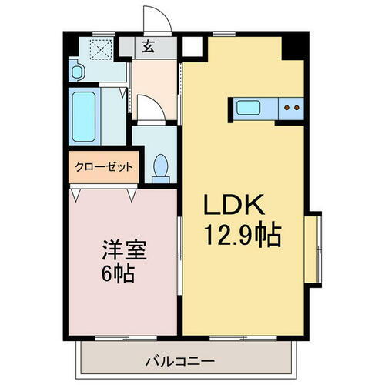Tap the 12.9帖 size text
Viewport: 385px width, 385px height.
(x=240, y=232)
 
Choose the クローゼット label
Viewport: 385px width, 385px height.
(x=103, y=166)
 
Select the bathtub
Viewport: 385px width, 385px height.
(x=81, y=114)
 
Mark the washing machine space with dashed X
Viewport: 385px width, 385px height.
(x=101, y=49)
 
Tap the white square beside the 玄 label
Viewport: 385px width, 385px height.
(x=191, y=47)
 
